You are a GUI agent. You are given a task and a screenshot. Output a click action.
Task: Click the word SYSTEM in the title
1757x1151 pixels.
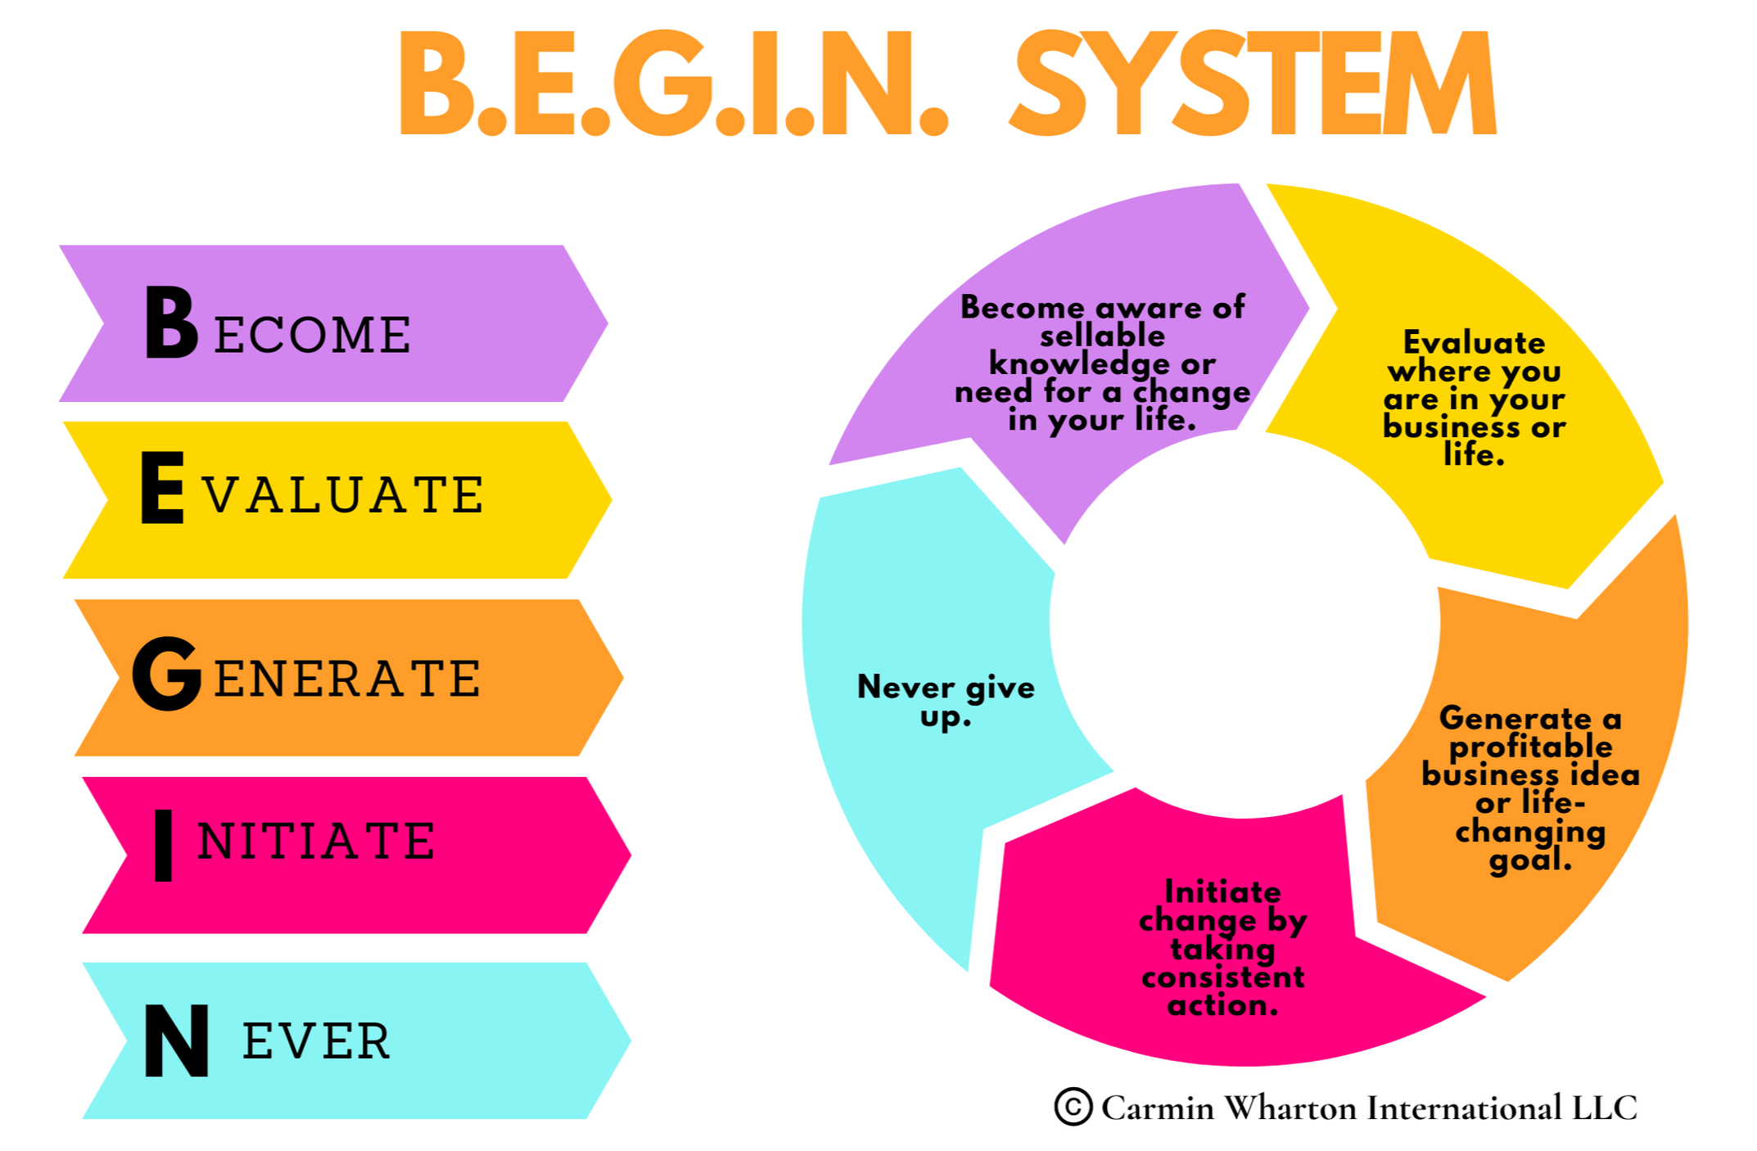coord(1253,84)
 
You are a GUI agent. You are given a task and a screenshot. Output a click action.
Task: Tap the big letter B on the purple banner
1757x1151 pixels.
coord(171,323)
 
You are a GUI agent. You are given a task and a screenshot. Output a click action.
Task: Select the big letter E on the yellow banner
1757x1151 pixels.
coord(162,488)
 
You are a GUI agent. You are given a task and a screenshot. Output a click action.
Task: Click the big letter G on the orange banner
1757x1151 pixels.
coord(167,674)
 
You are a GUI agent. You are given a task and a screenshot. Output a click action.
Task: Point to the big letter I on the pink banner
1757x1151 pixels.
coord(164,846)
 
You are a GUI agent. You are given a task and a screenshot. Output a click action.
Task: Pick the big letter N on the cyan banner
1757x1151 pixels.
coord(176,1040)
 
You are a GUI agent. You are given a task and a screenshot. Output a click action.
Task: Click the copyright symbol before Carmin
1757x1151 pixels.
coord(1073,1107)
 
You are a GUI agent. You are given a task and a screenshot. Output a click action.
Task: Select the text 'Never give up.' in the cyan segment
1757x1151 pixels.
coord(946,700)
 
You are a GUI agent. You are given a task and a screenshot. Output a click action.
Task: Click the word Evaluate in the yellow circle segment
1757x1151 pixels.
coord(1474,342)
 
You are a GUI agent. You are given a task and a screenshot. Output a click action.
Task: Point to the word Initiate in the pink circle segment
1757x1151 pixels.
coord(1222,891)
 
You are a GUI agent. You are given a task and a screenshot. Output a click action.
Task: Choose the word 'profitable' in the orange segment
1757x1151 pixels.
coord(1530,746)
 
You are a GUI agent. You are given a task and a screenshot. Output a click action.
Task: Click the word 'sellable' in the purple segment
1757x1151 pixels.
coord(1102,336)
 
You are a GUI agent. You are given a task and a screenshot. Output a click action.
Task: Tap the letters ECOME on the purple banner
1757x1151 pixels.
coord(313,335)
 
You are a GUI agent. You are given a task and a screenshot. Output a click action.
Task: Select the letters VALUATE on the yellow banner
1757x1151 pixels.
coord(344,495)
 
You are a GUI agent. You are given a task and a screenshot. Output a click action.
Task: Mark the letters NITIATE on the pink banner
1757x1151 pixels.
coord(316,842)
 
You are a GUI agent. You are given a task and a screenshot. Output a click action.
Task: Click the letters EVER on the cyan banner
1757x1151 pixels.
coord(316,1041)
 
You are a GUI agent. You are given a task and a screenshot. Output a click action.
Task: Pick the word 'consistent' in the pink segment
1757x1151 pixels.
coord(1223,977)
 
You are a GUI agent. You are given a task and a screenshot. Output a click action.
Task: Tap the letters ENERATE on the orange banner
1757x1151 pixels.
coord(347,679)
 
